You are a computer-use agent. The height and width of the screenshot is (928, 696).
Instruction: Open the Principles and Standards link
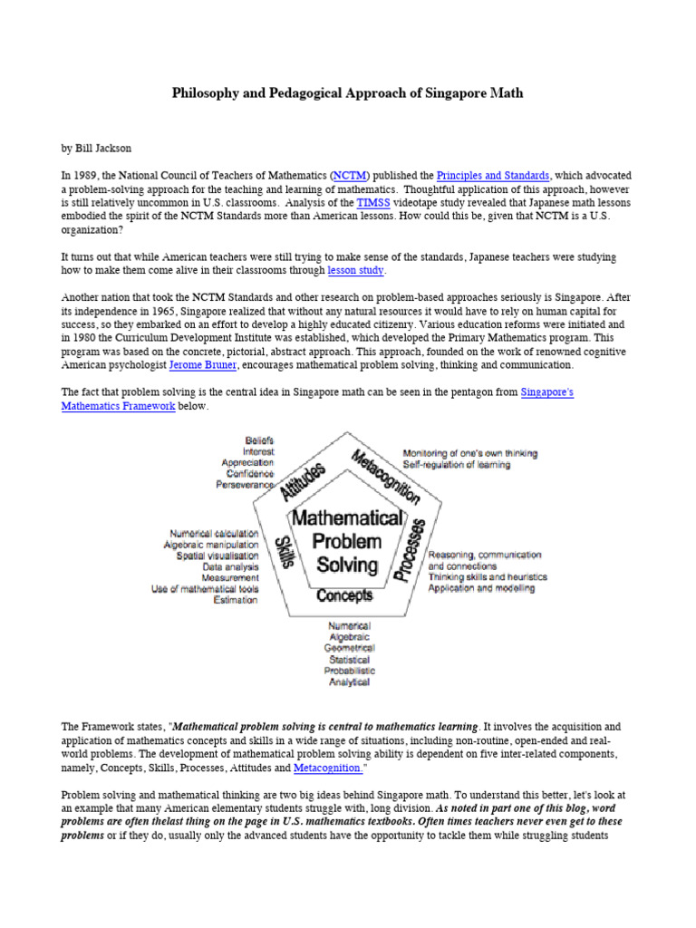coord(493,175)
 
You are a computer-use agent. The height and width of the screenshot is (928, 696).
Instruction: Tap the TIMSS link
coord(372,204)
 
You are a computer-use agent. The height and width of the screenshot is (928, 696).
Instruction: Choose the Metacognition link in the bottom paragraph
coord(327,768)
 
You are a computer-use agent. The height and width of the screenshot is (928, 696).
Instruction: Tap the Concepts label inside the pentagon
coord(344,595)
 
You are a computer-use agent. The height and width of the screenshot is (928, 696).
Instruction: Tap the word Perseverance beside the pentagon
coord(245,485)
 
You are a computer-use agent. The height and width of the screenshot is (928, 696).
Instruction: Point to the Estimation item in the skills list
coord(236,599)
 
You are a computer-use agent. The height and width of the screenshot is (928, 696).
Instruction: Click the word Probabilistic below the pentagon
coord(350,671)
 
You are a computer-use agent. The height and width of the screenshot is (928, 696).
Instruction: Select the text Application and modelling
coord(481,588)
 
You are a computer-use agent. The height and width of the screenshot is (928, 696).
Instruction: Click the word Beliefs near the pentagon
coord(259,440)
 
